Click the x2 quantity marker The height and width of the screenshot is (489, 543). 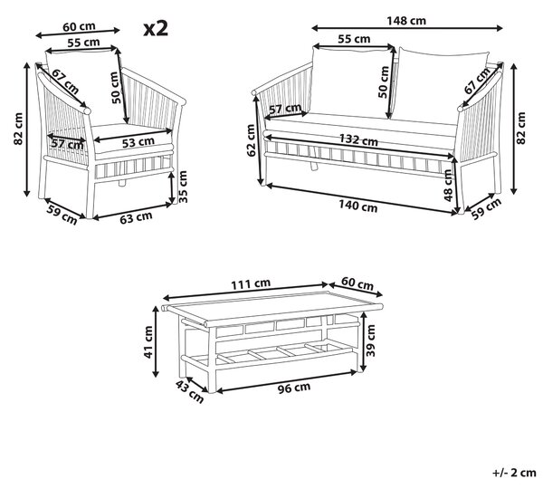click(156, 28)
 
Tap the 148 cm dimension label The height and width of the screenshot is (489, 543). click(406, 21)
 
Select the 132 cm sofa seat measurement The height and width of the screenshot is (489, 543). click(358, 140)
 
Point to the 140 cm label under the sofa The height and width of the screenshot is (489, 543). click(357, 206)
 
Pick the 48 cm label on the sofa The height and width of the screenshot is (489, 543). click(448, 186)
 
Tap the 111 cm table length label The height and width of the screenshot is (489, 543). click(251, 283)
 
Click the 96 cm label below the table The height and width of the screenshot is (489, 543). click(294, 388)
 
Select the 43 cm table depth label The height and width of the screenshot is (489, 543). click(189, 391)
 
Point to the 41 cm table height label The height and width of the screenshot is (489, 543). click(148, 342)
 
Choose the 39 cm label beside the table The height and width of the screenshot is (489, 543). click(370, 340)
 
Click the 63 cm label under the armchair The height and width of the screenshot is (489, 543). click(136, 217)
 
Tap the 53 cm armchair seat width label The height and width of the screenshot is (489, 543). click(138, 142)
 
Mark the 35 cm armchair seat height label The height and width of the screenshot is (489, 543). click(183, 187)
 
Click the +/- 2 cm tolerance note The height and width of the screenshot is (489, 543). click(514, 473)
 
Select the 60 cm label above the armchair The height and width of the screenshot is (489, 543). click(80, 26)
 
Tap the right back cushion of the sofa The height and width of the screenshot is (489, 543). click(442, 85)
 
